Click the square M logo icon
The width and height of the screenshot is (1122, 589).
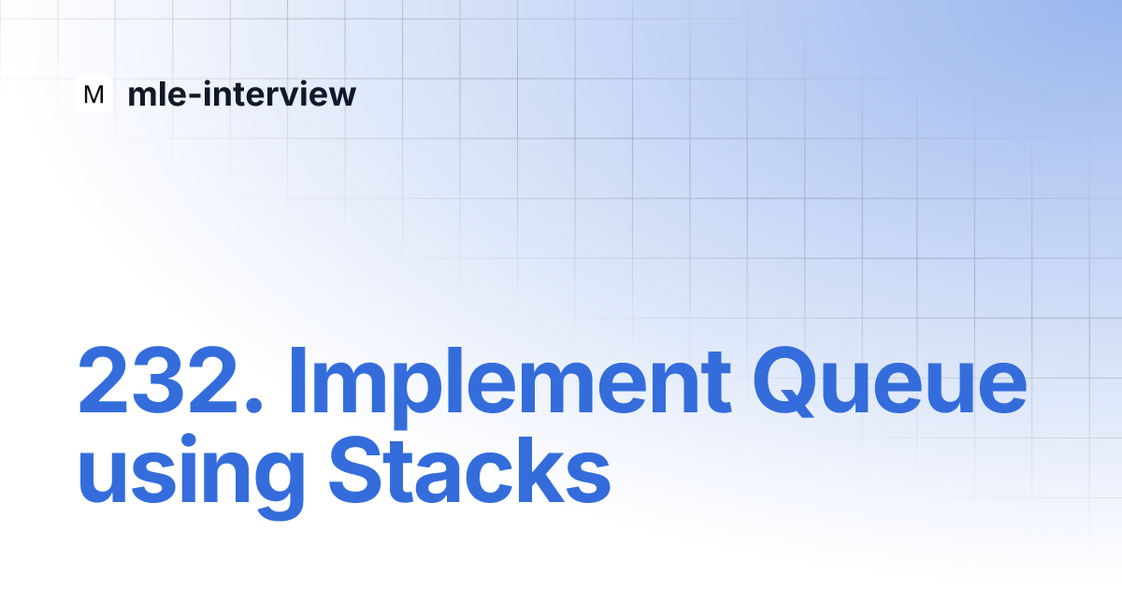tap(93, 93)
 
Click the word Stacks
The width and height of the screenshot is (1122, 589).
tap(469, 468)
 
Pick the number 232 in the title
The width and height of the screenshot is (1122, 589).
tap(158, 380)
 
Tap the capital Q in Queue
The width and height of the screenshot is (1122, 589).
tap(789, 381)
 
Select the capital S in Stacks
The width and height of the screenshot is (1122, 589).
tap(356, 469)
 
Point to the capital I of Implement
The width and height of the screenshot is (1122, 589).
tap(297, 380)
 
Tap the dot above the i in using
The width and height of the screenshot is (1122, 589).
tap(188, 441)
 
